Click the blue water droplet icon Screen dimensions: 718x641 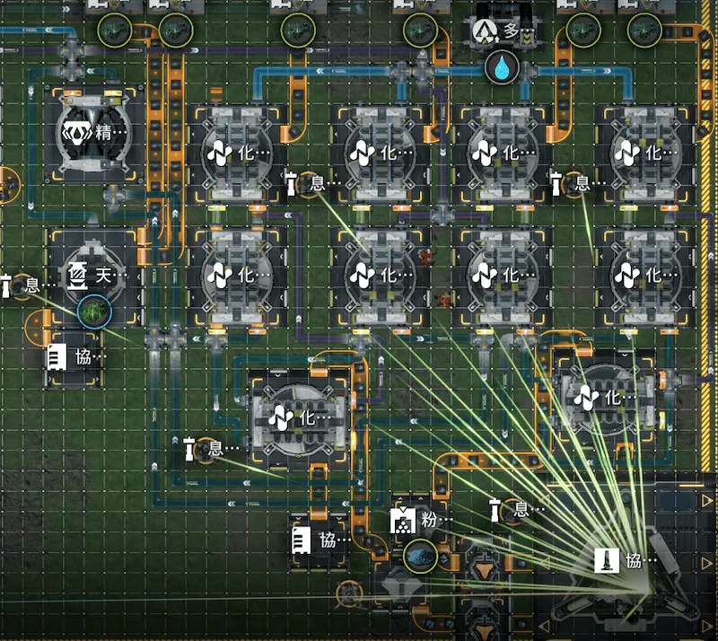(502, 67)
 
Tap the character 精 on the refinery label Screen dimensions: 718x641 (103, 133)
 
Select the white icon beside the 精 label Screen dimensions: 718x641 (77, 133)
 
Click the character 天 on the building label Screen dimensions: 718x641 (103, 276)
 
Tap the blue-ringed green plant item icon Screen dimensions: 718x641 (94, 312)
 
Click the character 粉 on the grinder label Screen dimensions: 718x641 (429, 520)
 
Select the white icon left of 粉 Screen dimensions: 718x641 (403, 520)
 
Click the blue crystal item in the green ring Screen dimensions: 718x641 (420, 557)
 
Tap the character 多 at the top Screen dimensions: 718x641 (511, 31)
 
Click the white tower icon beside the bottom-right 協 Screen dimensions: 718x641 (607, 560)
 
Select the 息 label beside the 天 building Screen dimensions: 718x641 (32, 285)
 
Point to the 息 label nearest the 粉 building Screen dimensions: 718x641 (521, 510)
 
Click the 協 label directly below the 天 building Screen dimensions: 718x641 (83, 357)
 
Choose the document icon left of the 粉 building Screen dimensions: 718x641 (301, 540)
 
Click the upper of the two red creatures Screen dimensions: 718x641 (425, 257)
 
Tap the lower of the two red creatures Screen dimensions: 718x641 (443, 301)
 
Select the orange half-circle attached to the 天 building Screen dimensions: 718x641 (38, 326)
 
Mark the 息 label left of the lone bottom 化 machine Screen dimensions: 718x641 (215, 448)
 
